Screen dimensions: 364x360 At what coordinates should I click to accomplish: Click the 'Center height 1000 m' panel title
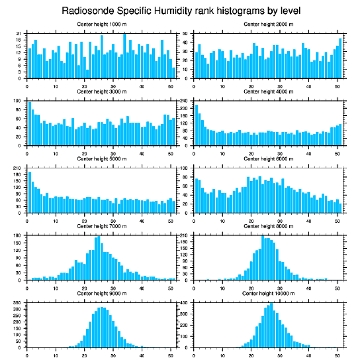pos(101,24)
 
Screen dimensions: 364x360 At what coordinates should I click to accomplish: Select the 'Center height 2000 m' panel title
pos(268,24)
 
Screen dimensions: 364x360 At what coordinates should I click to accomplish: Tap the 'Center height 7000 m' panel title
pos(101,226)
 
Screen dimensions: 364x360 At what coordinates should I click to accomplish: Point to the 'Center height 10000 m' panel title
pos(268,293)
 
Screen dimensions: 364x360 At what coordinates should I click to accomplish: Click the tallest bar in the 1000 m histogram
pos(125,56)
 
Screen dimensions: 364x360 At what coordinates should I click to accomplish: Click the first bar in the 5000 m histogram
pos(30,192)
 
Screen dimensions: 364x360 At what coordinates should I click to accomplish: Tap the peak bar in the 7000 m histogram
pos(99,258)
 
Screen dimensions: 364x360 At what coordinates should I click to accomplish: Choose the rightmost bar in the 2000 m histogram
pos(340,58)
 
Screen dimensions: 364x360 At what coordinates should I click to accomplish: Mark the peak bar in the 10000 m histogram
pos(271,325)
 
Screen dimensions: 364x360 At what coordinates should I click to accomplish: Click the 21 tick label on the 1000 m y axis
pos(19,34)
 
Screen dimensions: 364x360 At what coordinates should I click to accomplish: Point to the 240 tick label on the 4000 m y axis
pos(184,101)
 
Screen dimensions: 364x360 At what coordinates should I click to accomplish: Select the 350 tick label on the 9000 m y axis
pos(18,303)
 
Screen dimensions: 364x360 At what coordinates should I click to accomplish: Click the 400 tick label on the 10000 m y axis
pos(184,303)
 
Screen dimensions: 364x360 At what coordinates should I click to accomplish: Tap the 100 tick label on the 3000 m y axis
pos(18,101)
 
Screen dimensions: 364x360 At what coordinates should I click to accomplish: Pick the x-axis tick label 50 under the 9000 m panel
pos(171,354)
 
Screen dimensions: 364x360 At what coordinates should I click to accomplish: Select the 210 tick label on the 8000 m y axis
pos(184,235)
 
